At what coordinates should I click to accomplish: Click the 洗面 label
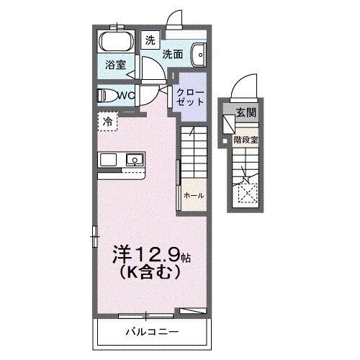tap(171, 53)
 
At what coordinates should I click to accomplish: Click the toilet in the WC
tap(107, 95)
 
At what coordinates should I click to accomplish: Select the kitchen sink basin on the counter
tap(135, 159)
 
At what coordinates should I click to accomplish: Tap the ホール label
tap(194, 196)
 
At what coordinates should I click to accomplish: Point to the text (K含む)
tap(148, 274)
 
